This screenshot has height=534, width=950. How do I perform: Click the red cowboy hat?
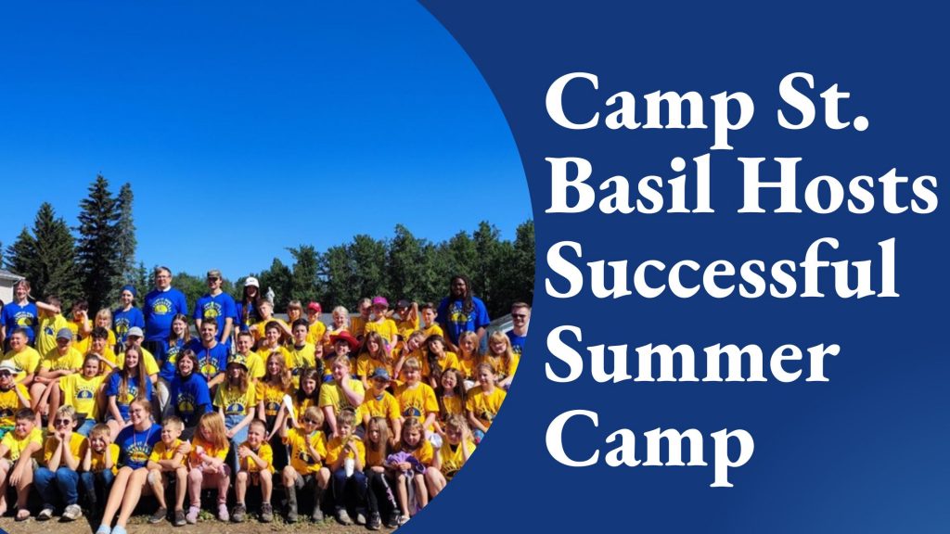point(344,339)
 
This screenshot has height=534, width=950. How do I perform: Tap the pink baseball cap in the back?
point(379,301)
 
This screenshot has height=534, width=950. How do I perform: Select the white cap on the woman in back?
point(251,282)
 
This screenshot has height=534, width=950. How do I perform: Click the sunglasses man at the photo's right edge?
point(519,328)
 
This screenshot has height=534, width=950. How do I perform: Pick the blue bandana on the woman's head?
point(129,290)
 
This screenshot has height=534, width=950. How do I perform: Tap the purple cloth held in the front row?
point(404,461)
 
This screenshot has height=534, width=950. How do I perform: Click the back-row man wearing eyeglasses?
point(163,306)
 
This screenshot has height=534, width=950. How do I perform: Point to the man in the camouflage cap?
point(214,303)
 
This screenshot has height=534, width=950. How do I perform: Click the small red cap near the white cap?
point(314,307)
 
